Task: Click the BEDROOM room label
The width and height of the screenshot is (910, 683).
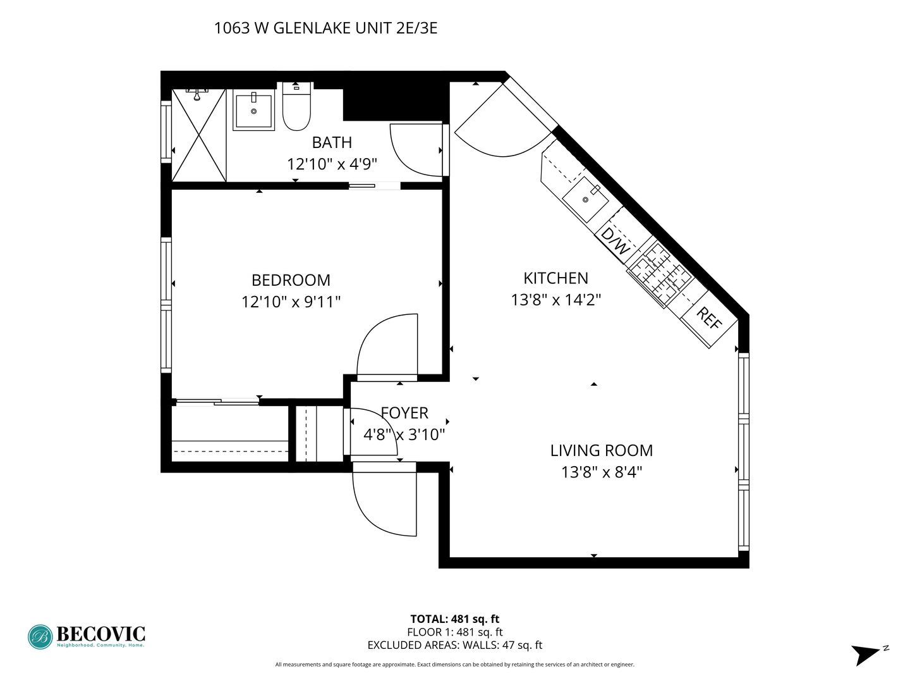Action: [x=291, y=280]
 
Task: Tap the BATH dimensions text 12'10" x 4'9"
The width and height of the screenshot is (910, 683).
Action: [x=332, y=164]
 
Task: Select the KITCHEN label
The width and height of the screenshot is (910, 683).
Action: [x=555, y=278]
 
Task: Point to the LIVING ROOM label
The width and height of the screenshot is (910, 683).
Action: [x=601, y=450]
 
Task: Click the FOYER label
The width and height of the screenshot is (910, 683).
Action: [x=404, y=413]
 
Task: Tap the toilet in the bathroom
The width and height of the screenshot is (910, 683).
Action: [x=296, y=107]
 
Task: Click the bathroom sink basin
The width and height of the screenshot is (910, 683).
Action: [x=253, y=110]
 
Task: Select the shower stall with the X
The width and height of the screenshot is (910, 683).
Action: [x=199, y=135]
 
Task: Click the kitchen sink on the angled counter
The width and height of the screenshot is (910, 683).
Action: [x=585, y=199]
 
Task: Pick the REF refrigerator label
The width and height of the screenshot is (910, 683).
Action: [x=709, y=318]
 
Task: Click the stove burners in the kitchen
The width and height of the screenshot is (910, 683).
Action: [x=659, y=272]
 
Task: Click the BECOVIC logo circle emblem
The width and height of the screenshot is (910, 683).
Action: [x=40, y=637]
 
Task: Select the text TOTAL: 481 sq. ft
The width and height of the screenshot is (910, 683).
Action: [x=455, y=619]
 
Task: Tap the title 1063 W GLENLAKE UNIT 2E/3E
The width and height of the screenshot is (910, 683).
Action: [x=325, y=28]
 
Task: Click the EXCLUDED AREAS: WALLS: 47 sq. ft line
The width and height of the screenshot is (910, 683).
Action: [x=455, y=645]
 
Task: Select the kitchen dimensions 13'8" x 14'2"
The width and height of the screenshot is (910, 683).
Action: [x=555, y=299]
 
